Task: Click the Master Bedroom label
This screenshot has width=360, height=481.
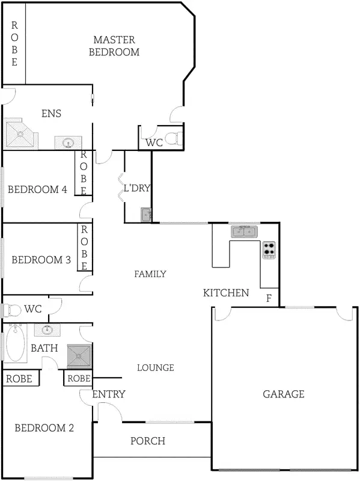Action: coord(114,46)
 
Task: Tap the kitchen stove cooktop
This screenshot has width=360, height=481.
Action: coord(269,250)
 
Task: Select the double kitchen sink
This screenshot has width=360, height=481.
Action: coord(244,231)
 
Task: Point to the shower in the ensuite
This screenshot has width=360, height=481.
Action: coord(21,133)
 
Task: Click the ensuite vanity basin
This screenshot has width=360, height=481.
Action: coord(67,142)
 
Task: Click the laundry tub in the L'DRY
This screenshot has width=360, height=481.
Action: coord(146,215)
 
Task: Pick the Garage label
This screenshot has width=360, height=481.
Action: coord(284,394)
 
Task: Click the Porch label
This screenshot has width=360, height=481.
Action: coord(148,441)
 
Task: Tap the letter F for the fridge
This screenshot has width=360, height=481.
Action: coord(269,298)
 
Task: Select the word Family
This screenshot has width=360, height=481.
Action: coord(150,274)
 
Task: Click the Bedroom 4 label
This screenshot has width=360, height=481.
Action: coord(37,189)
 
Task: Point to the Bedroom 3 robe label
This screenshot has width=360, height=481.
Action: coord(85,247)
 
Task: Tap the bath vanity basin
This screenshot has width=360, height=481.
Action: coord(47,329)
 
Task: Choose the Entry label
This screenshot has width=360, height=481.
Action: coord(109,394)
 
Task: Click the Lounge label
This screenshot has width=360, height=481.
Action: coord(155,368)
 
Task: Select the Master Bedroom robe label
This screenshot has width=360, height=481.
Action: coord(14,43)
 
